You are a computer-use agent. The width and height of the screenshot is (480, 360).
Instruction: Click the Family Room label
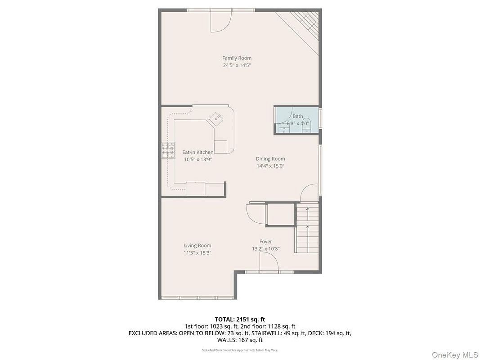click(237, 58)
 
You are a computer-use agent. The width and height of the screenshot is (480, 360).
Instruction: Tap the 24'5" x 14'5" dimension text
click(237, 65)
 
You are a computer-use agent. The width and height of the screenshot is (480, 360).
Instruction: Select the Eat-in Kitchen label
click(198, 152)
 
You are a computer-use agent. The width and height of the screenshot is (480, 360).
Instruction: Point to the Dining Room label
click(270, 158)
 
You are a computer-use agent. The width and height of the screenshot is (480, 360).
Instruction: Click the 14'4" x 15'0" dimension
click(270, 166)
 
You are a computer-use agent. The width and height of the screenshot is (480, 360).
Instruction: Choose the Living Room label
click(197, 246)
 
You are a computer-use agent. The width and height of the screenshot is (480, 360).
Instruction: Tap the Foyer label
click(265, 242)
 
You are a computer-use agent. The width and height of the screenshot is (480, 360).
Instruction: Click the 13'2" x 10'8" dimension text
click(265, 249)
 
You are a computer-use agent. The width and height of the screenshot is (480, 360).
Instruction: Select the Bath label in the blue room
click(297, 117)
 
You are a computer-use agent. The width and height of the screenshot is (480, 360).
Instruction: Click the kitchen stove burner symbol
click(168, 150)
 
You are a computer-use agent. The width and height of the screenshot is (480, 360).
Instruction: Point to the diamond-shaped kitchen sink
click(216, 118)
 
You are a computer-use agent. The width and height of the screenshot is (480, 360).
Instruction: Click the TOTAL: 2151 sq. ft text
click(240, 320)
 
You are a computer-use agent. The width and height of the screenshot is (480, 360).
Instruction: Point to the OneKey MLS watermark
click(454, 355)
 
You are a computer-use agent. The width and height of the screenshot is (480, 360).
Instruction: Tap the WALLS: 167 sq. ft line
click(240, 340)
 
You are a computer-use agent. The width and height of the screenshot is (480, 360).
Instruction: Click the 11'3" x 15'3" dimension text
click(197, 253)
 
